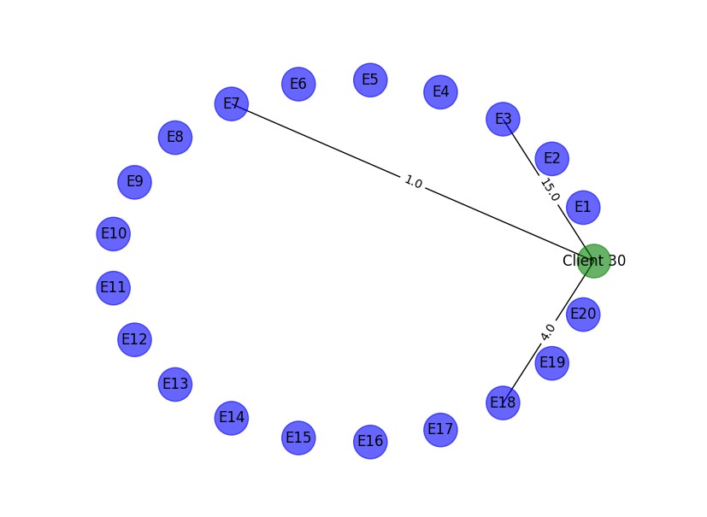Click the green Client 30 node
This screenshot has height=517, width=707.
[x=593, y=261]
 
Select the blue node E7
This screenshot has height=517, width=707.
[x=231, y=104]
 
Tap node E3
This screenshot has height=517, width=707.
[x=503, y=119]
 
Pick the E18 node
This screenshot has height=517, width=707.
[x=503, y=402]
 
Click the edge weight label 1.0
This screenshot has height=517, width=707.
[x=413, y=182]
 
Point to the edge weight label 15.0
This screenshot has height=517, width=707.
[x=550, y=190]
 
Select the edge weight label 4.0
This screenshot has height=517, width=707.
[x=548, y=332]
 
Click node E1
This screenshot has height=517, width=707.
[x=583, y=207]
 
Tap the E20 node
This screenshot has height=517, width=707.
[x=583, y=314]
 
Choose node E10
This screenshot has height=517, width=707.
[x=114, y=233]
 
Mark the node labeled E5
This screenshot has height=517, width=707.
[x=370, y=79]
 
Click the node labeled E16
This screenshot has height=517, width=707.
[x=370, y=441]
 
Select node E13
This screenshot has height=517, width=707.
[x=175, y=384]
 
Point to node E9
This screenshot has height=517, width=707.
[x=134, y=182]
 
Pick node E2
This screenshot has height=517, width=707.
[x=551, y=158]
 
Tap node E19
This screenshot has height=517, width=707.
[x=551, y=363]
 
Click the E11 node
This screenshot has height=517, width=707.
[x=113, y=287]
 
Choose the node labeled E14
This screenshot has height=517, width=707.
[x=231, y=418]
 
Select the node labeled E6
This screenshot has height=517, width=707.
[x=298, y=84]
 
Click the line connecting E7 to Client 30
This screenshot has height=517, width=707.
[x=325, y=144]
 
